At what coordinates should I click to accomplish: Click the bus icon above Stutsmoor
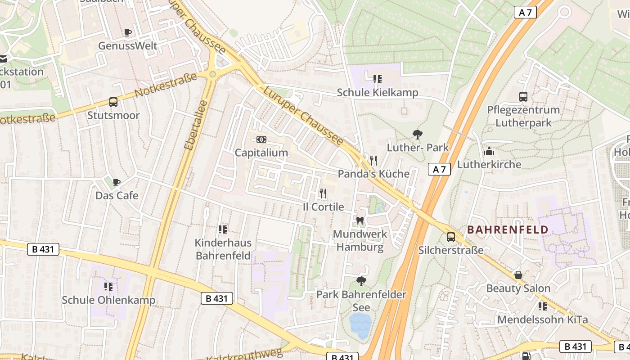(x=113, y=102)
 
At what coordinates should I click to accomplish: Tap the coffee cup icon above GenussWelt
(x=128, y=32)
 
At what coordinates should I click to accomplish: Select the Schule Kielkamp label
(x=378, y=93)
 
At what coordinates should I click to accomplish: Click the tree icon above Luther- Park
(x=418, y=134)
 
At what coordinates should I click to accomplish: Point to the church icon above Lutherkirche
(x=489, y=151)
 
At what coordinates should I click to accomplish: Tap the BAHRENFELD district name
(x=508, y=230)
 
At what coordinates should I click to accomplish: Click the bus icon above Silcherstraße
(x=450, y=237)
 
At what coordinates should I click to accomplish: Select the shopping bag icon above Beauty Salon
(x=518, y=274)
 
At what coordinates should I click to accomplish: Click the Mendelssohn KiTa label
(x=542, y=320)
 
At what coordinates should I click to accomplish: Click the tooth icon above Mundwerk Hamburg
(x=360, y=220)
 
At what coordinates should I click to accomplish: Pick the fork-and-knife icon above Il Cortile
(x=323, y=193)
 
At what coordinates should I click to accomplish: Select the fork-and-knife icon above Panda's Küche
(x=373, y=160)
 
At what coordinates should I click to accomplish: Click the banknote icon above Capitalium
(x=261, y=139)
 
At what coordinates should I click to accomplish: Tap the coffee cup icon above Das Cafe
(x=117, y=182)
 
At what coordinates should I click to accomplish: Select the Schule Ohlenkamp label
(x=108, y=300)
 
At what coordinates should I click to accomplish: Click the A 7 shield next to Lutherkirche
(x=439, y=169)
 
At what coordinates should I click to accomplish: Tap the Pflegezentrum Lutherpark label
(x=523, y=116)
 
